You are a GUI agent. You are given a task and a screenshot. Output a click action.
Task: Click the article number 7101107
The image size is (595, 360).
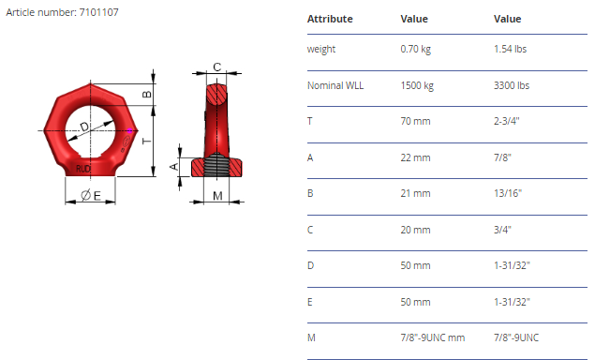pos(98,12)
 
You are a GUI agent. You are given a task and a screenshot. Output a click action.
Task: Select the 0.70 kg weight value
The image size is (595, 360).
pos(415,49)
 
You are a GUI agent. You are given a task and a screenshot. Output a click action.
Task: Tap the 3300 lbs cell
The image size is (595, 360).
pos(512,85)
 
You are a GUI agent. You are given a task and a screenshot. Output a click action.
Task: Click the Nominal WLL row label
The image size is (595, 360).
pos(335,85)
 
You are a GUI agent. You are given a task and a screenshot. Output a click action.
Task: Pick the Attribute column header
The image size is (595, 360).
pos(330,19)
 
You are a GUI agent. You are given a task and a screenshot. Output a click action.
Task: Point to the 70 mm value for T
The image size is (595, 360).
pos(415,121)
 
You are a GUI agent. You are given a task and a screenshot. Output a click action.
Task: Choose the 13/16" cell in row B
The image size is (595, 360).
pos(508,193)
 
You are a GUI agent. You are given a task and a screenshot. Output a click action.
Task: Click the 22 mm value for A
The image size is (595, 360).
pos(415,157)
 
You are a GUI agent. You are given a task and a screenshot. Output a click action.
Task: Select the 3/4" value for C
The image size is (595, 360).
pos(502,230)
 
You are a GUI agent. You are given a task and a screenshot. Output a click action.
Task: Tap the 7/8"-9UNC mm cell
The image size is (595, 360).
pos(433,337)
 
